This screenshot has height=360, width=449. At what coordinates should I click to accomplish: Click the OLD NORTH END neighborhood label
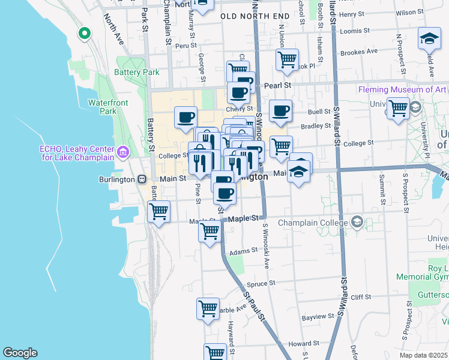[x=251, y=16]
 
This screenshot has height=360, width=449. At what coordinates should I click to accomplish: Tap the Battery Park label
[x=137, y=72]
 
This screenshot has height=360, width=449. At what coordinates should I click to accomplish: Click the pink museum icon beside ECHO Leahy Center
[x=124, y=153]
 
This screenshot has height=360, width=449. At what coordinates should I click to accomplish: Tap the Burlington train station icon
[x=142, y=179]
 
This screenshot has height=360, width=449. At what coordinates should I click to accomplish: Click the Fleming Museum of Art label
[x=402, y=89]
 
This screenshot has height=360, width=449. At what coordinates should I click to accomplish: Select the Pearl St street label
[x=277, y=86]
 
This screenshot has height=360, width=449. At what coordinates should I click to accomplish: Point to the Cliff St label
[x=361, y=297]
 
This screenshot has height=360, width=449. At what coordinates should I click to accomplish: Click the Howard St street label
[x=298, y=344]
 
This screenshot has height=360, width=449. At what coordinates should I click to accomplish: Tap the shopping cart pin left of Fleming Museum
[x=398, y=109]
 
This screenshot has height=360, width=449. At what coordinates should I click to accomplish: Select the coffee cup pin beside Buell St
[x=280, y=110]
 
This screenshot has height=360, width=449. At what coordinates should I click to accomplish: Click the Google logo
[x=20, y=353]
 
